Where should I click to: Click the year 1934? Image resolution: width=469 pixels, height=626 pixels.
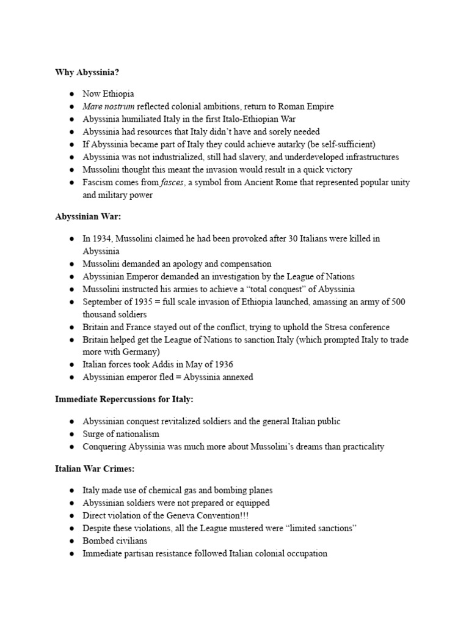coord(102,238)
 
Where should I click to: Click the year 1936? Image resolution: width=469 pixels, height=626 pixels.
coord(220,364)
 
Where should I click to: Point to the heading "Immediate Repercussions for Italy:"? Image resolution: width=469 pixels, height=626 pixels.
coord(124,399)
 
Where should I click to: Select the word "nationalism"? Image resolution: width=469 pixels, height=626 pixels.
coord(135,433)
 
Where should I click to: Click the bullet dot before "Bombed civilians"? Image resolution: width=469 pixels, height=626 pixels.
coord(71,541)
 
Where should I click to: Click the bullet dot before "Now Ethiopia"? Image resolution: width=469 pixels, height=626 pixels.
coord(71,94)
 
